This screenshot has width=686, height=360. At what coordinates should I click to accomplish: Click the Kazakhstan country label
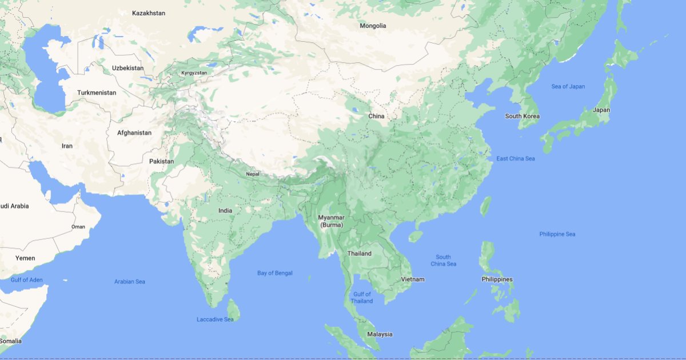[148, 13]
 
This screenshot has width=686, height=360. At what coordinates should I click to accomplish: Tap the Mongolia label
[373, 26]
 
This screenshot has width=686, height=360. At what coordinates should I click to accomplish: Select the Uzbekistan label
[127, 68]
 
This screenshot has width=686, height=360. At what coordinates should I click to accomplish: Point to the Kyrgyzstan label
[194, 73]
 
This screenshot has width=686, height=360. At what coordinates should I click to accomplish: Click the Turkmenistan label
[97, 93]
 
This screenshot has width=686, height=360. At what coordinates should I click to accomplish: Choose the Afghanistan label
[134, 133]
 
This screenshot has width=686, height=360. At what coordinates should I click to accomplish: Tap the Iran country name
[67, 146]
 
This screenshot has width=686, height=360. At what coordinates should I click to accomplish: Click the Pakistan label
[161, 161]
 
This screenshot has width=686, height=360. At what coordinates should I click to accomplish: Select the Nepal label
[252, 174]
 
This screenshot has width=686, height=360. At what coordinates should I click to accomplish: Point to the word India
[225, 210]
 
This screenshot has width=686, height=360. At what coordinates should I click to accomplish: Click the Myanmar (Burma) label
[331, 221]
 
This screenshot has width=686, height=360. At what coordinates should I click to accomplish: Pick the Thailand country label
[359, 253]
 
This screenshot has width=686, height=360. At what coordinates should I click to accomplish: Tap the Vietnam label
[413, 279]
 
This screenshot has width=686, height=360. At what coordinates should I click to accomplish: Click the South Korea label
[522, 116]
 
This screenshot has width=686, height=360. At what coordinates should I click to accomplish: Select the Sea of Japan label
[568, 86]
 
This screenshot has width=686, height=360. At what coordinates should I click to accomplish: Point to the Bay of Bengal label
[274, 273]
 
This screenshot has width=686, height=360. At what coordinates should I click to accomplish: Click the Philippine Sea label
[557, 234]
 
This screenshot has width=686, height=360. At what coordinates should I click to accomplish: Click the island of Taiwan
[485, 206]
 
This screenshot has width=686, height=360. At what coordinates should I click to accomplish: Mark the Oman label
[78, 227]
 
